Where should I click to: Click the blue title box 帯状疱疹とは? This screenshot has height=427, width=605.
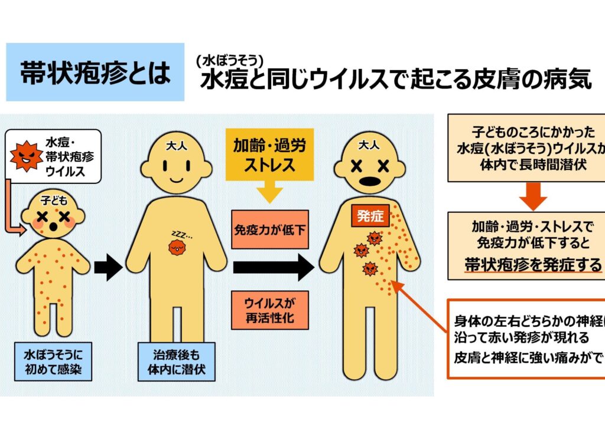click(95, 72)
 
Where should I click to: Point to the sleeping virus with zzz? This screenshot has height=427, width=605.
click(177, 248)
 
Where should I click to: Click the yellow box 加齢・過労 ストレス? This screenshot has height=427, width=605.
click(269, 155)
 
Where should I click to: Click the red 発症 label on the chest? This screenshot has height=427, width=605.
click(371, 216)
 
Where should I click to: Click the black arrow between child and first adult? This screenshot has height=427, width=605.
click(108, 268)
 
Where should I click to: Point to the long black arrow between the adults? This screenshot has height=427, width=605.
click(272, 268)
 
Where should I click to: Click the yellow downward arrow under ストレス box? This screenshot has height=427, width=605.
click(269, 193)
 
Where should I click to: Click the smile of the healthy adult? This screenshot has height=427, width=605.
click(177, 178)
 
